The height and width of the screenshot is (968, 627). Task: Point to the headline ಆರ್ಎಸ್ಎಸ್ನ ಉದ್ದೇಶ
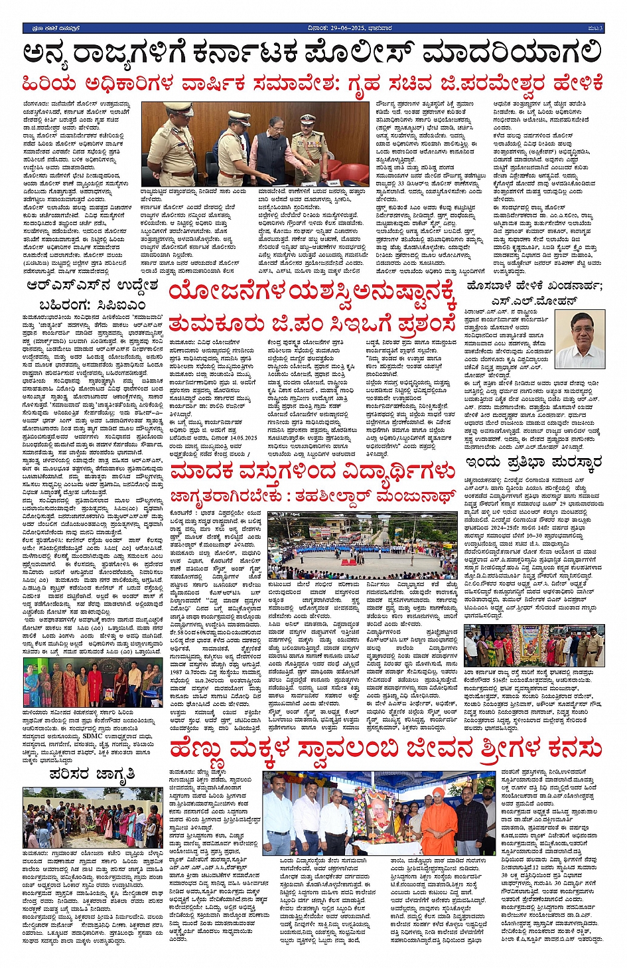tap(93, 286)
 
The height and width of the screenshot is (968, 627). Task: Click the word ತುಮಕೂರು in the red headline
tap(213, 325)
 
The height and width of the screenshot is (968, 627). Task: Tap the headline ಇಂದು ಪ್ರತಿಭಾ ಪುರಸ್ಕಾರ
tap(533, 462)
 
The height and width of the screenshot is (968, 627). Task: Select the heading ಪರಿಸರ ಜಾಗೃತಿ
tap(92, 774)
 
